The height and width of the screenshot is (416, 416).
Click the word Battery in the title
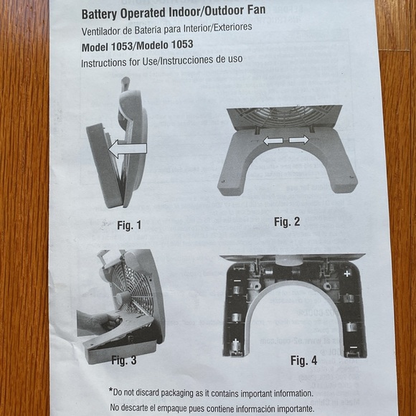(102, 13)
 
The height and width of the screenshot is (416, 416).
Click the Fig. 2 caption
(286, 222)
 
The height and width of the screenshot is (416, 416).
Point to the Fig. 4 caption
(303, 360)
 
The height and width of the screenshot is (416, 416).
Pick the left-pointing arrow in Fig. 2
(273, 141)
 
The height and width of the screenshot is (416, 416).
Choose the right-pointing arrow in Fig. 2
(299, 140)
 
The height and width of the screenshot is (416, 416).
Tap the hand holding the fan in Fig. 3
(98, 322)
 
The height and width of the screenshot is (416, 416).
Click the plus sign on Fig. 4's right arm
(347, 273)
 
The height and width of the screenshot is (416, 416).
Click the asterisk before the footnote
(110, 391)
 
